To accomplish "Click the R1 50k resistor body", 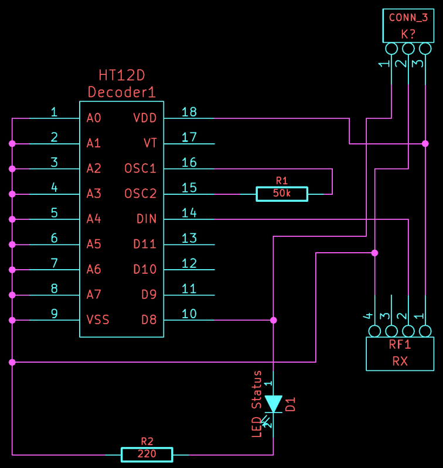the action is coord(282,194).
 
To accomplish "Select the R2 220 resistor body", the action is coord(146,455).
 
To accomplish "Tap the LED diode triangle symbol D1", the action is coord(273,404).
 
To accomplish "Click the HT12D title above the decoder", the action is coord(122,75).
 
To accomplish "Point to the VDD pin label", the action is coord(145,118).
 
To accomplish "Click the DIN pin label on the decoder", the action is coord(146,219).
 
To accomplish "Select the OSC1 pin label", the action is coord(140,168).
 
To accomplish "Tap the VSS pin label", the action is coord(98,319).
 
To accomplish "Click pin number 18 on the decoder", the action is coord(189,112).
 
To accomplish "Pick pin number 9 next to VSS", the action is coord(54,314).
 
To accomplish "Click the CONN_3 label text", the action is coord(408,18).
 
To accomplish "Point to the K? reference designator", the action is coord(408,35).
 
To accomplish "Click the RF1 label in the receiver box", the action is coord(400,345).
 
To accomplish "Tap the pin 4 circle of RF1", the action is coord(374,331).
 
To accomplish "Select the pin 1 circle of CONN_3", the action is coord(391,49).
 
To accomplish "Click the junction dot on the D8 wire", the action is coord(273,320).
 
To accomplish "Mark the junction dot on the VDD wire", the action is coord(425,143).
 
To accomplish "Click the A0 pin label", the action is coord(94,118).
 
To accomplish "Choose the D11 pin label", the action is coord(145,244).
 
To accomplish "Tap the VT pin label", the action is coord(150,143).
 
